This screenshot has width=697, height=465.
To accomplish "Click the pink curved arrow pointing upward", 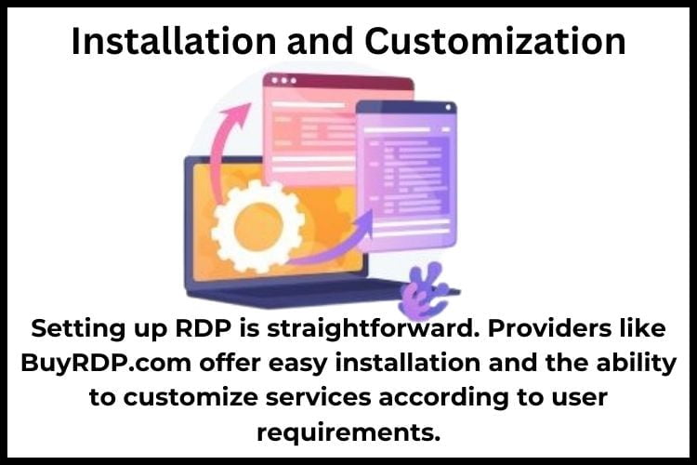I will [x=226, y=139].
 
